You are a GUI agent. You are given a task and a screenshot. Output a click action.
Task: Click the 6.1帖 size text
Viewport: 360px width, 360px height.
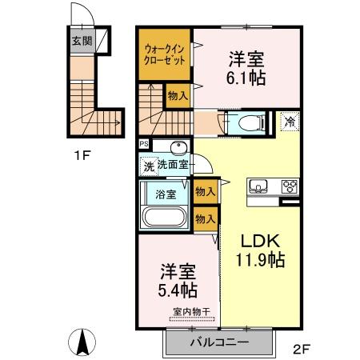tap(246, 78)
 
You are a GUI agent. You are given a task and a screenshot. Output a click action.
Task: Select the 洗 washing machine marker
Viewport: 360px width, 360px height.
tap(147, 166)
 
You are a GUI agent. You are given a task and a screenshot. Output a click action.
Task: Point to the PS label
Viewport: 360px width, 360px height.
tap(144, 144)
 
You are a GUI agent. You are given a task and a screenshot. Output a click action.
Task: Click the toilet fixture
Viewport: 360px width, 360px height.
tap(241, 122)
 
